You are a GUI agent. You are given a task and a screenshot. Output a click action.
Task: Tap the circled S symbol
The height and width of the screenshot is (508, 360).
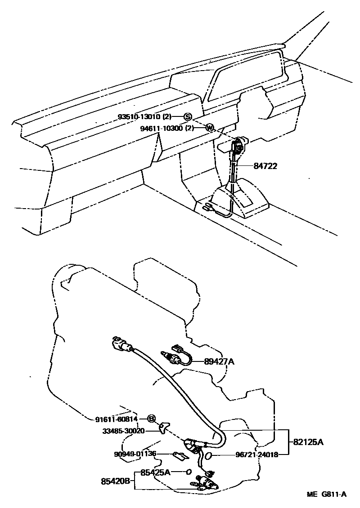pos(187,117)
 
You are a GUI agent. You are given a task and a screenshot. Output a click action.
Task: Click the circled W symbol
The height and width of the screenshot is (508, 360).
pos(209,128)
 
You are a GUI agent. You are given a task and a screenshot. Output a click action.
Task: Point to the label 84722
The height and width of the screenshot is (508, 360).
pos(265,166)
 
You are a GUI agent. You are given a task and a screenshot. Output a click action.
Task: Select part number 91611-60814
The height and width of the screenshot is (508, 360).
pos(116,419)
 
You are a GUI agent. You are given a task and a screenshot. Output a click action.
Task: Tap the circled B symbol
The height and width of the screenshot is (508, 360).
pos(152,419)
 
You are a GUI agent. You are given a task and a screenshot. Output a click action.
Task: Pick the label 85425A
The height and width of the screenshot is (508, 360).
pos(155,472)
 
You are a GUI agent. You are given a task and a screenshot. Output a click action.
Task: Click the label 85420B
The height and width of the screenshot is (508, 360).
pos(115,481)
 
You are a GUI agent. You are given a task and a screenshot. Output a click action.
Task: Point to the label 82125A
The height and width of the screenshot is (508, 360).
pos(309,442)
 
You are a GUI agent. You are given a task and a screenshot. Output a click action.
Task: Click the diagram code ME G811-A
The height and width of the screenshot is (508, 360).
pos(327,495)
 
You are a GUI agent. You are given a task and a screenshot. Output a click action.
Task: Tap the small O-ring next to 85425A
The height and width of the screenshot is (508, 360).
pos(189,472)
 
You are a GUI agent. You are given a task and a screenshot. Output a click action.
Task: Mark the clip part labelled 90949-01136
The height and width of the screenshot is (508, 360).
pos(180,456)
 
